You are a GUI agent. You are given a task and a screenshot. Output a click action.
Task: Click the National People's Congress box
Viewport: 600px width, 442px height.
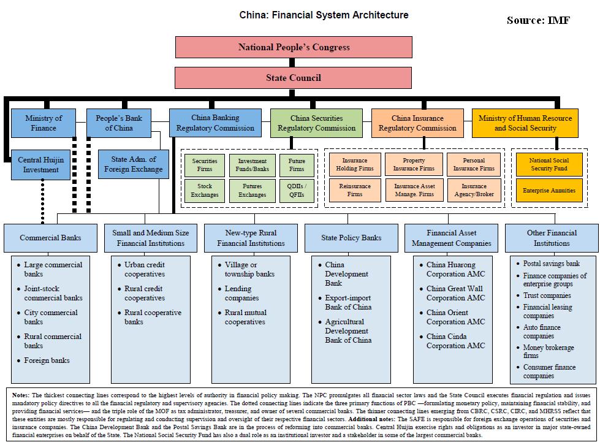point(294,47)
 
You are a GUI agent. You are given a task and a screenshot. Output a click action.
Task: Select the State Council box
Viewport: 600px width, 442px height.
point(294,78)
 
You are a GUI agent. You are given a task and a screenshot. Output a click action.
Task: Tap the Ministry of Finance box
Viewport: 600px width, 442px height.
point(44,123)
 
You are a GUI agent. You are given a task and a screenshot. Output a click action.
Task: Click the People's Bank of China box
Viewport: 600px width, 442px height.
point(119,123)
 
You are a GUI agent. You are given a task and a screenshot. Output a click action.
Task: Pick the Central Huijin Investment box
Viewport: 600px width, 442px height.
point(38,165)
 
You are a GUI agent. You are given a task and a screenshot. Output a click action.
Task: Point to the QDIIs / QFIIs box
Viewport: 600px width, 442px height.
point(296,191)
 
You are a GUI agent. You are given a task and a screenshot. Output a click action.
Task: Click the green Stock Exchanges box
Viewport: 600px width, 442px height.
point(205,191)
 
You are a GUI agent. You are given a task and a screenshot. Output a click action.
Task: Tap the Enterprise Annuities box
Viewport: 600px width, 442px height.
point(549,191)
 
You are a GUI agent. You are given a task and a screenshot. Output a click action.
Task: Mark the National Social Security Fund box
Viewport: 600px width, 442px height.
point(549,164)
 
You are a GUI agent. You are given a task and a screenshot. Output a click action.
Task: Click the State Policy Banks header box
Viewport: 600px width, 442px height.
point(351,238)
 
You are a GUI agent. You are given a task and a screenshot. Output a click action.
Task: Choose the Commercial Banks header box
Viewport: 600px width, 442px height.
point(50,238)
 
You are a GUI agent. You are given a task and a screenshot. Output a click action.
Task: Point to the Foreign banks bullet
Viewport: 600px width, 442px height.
point(47,360)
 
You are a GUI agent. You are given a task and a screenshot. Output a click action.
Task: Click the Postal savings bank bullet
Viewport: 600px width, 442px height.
point(551,264)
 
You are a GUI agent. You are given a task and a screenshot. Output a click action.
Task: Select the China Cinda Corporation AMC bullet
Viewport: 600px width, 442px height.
point(455,341)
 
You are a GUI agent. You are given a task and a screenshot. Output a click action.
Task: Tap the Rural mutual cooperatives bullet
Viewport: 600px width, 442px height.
point(245,317)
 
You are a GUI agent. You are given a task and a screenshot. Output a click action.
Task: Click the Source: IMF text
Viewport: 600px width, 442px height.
point(537,20)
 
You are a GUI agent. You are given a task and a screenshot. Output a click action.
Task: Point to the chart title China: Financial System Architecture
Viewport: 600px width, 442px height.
point(324,15)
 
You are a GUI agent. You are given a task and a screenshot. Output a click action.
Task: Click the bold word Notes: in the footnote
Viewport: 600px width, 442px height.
point(23,395)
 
